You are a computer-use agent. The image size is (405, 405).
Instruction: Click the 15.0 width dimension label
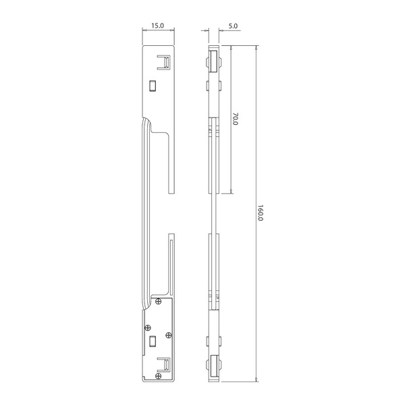pyautogui.click(x=157, y=26)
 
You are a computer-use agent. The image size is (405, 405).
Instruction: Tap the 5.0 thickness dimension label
pyautogui.click(x=233, y=26)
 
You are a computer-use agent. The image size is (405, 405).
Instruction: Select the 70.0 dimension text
pyautogui.click(x=236, y=119)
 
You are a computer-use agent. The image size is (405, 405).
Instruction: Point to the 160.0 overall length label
pyautogui.click(x=261, y=213)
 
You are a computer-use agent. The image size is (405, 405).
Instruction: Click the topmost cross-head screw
pyautogui.click(x=159, y=301)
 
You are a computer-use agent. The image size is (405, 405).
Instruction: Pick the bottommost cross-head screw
pyautogui.click(x=159, y=376)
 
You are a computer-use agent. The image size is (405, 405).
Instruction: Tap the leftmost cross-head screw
pyautogui.click(x=148, y=328)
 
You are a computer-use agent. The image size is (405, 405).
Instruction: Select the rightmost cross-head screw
pyautogui.click(x=168, y=335)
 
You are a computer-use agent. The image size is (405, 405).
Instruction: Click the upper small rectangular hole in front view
pyautogui.click(x=153, y=86)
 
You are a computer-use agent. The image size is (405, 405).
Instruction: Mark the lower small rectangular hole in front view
pyautogui.click(x=153, y=341)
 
